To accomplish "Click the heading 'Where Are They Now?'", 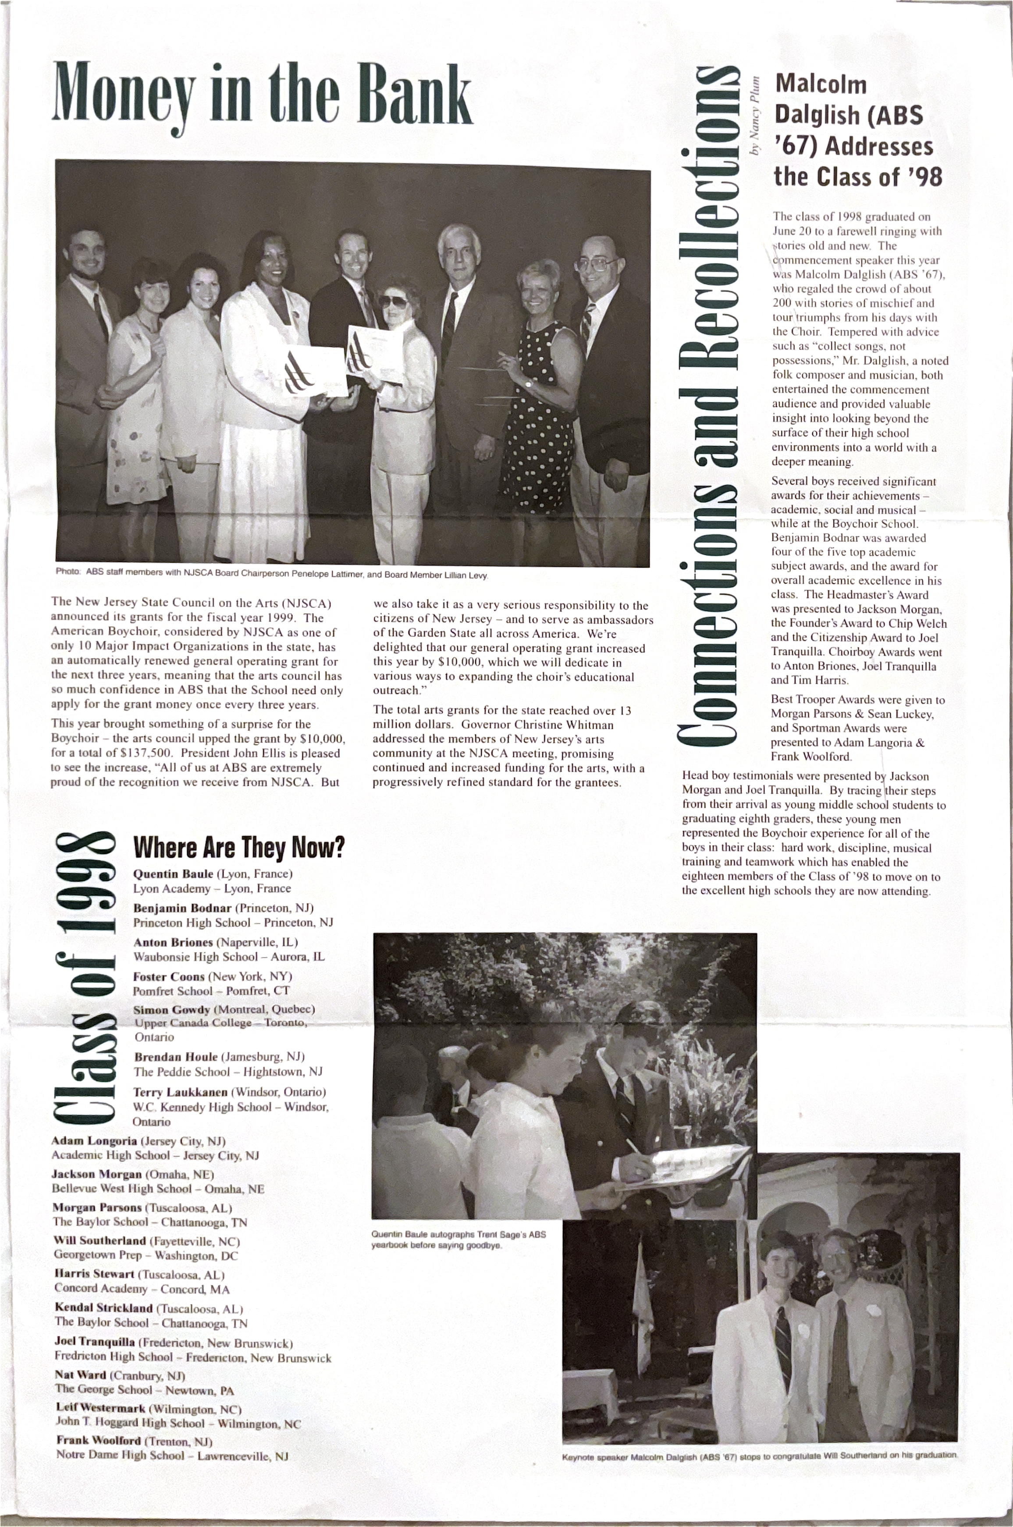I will pos(238,847).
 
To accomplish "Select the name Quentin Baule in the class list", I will pos(173,874).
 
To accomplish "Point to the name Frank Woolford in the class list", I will pos(98,1441).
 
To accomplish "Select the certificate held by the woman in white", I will pos(315,371).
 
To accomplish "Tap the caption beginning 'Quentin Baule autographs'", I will pos(458,1239).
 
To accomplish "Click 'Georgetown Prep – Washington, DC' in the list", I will pos(146,1255).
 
